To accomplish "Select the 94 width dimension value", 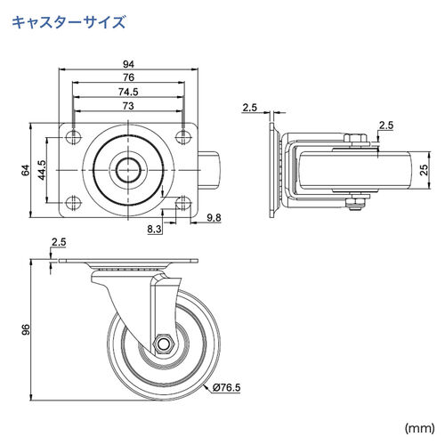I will click(x=129, y=63).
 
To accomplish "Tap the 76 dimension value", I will click(x=129, y=78).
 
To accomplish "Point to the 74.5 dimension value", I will click(x=129, y=93).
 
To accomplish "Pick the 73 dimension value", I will click(x=129, y=106).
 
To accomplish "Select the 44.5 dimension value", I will click(x=41, y=169).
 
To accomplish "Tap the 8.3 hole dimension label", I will click(x=155, y=229).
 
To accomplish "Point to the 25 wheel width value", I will click(x=424, y=169).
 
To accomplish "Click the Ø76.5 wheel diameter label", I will click(x=228, y=386).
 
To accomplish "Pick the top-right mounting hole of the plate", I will click(x=183, y=135).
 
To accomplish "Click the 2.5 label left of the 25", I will click(x=384, y=125).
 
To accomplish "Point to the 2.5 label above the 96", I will click(x=59, y=242).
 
